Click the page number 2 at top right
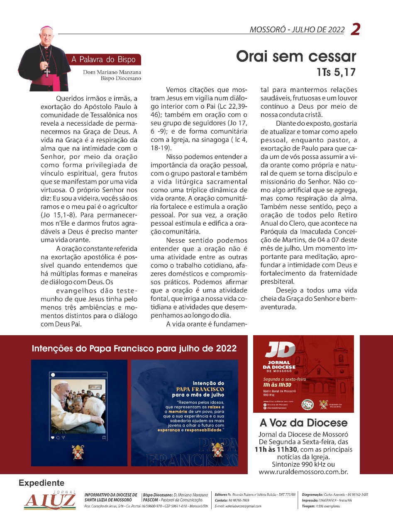point(355,29)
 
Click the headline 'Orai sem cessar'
point(296,56)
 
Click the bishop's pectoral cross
point(47,72)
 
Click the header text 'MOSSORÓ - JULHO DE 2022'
point(297,30)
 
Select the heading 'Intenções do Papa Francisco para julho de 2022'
point(134,348)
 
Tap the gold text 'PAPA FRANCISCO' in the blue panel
point(200,389)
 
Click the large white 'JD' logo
point(280,350)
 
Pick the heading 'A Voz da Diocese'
point(303,423)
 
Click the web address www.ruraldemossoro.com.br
point(303,471)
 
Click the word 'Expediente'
point(41,483)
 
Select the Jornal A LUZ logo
point(50,501)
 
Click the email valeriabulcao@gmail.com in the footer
point(238,506)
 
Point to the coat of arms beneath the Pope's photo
point(78,452)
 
